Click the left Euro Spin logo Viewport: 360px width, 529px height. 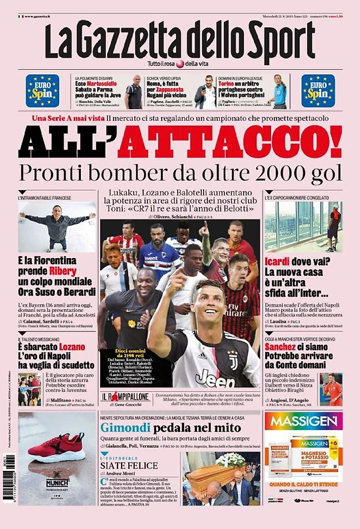click(42, 91)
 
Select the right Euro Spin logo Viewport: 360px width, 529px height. click(318, 91)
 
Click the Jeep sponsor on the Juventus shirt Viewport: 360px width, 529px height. click(215, 378)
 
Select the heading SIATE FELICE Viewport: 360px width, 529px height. click(129, 465)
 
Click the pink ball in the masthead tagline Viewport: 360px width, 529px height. click(180, 64)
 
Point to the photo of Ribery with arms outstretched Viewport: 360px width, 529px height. click(57, 226)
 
